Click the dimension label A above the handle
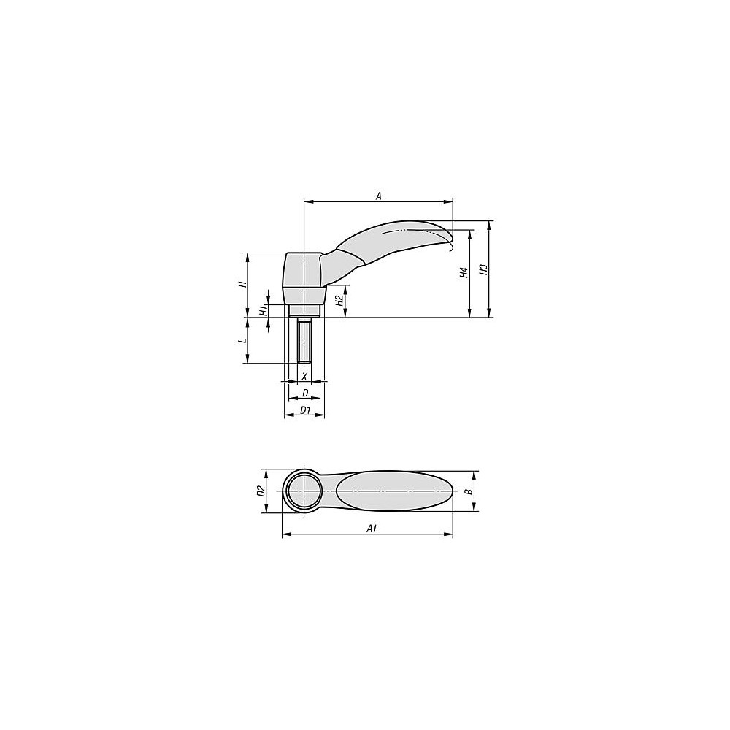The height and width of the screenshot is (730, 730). (x=378, y=195)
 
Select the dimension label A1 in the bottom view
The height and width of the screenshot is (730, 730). (x=371, y=529)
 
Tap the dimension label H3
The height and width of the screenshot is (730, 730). (x=483, y=269)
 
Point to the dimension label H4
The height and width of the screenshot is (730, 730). (x=463, y=274)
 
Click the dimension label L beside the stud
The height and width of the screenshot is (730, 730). (x=243, y=341)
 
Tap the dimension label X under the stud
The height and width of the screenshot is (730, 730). (x=304, y=376)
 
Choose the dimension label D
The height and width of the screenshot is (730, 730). (x=304, y=393)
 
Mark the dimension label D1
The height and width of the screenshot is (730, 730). (x=305, y=411)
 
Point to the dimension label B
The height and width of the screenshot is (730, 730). (x=469, y=491)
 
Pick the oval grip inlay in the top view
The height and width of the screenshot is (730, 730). (x=394, y=491)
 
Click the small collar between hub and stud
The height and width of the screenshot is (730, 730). (x=303, y=312)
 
